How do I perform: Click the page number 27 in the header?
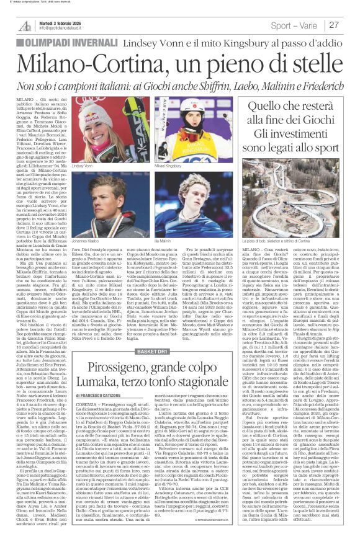click(334, 25)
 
